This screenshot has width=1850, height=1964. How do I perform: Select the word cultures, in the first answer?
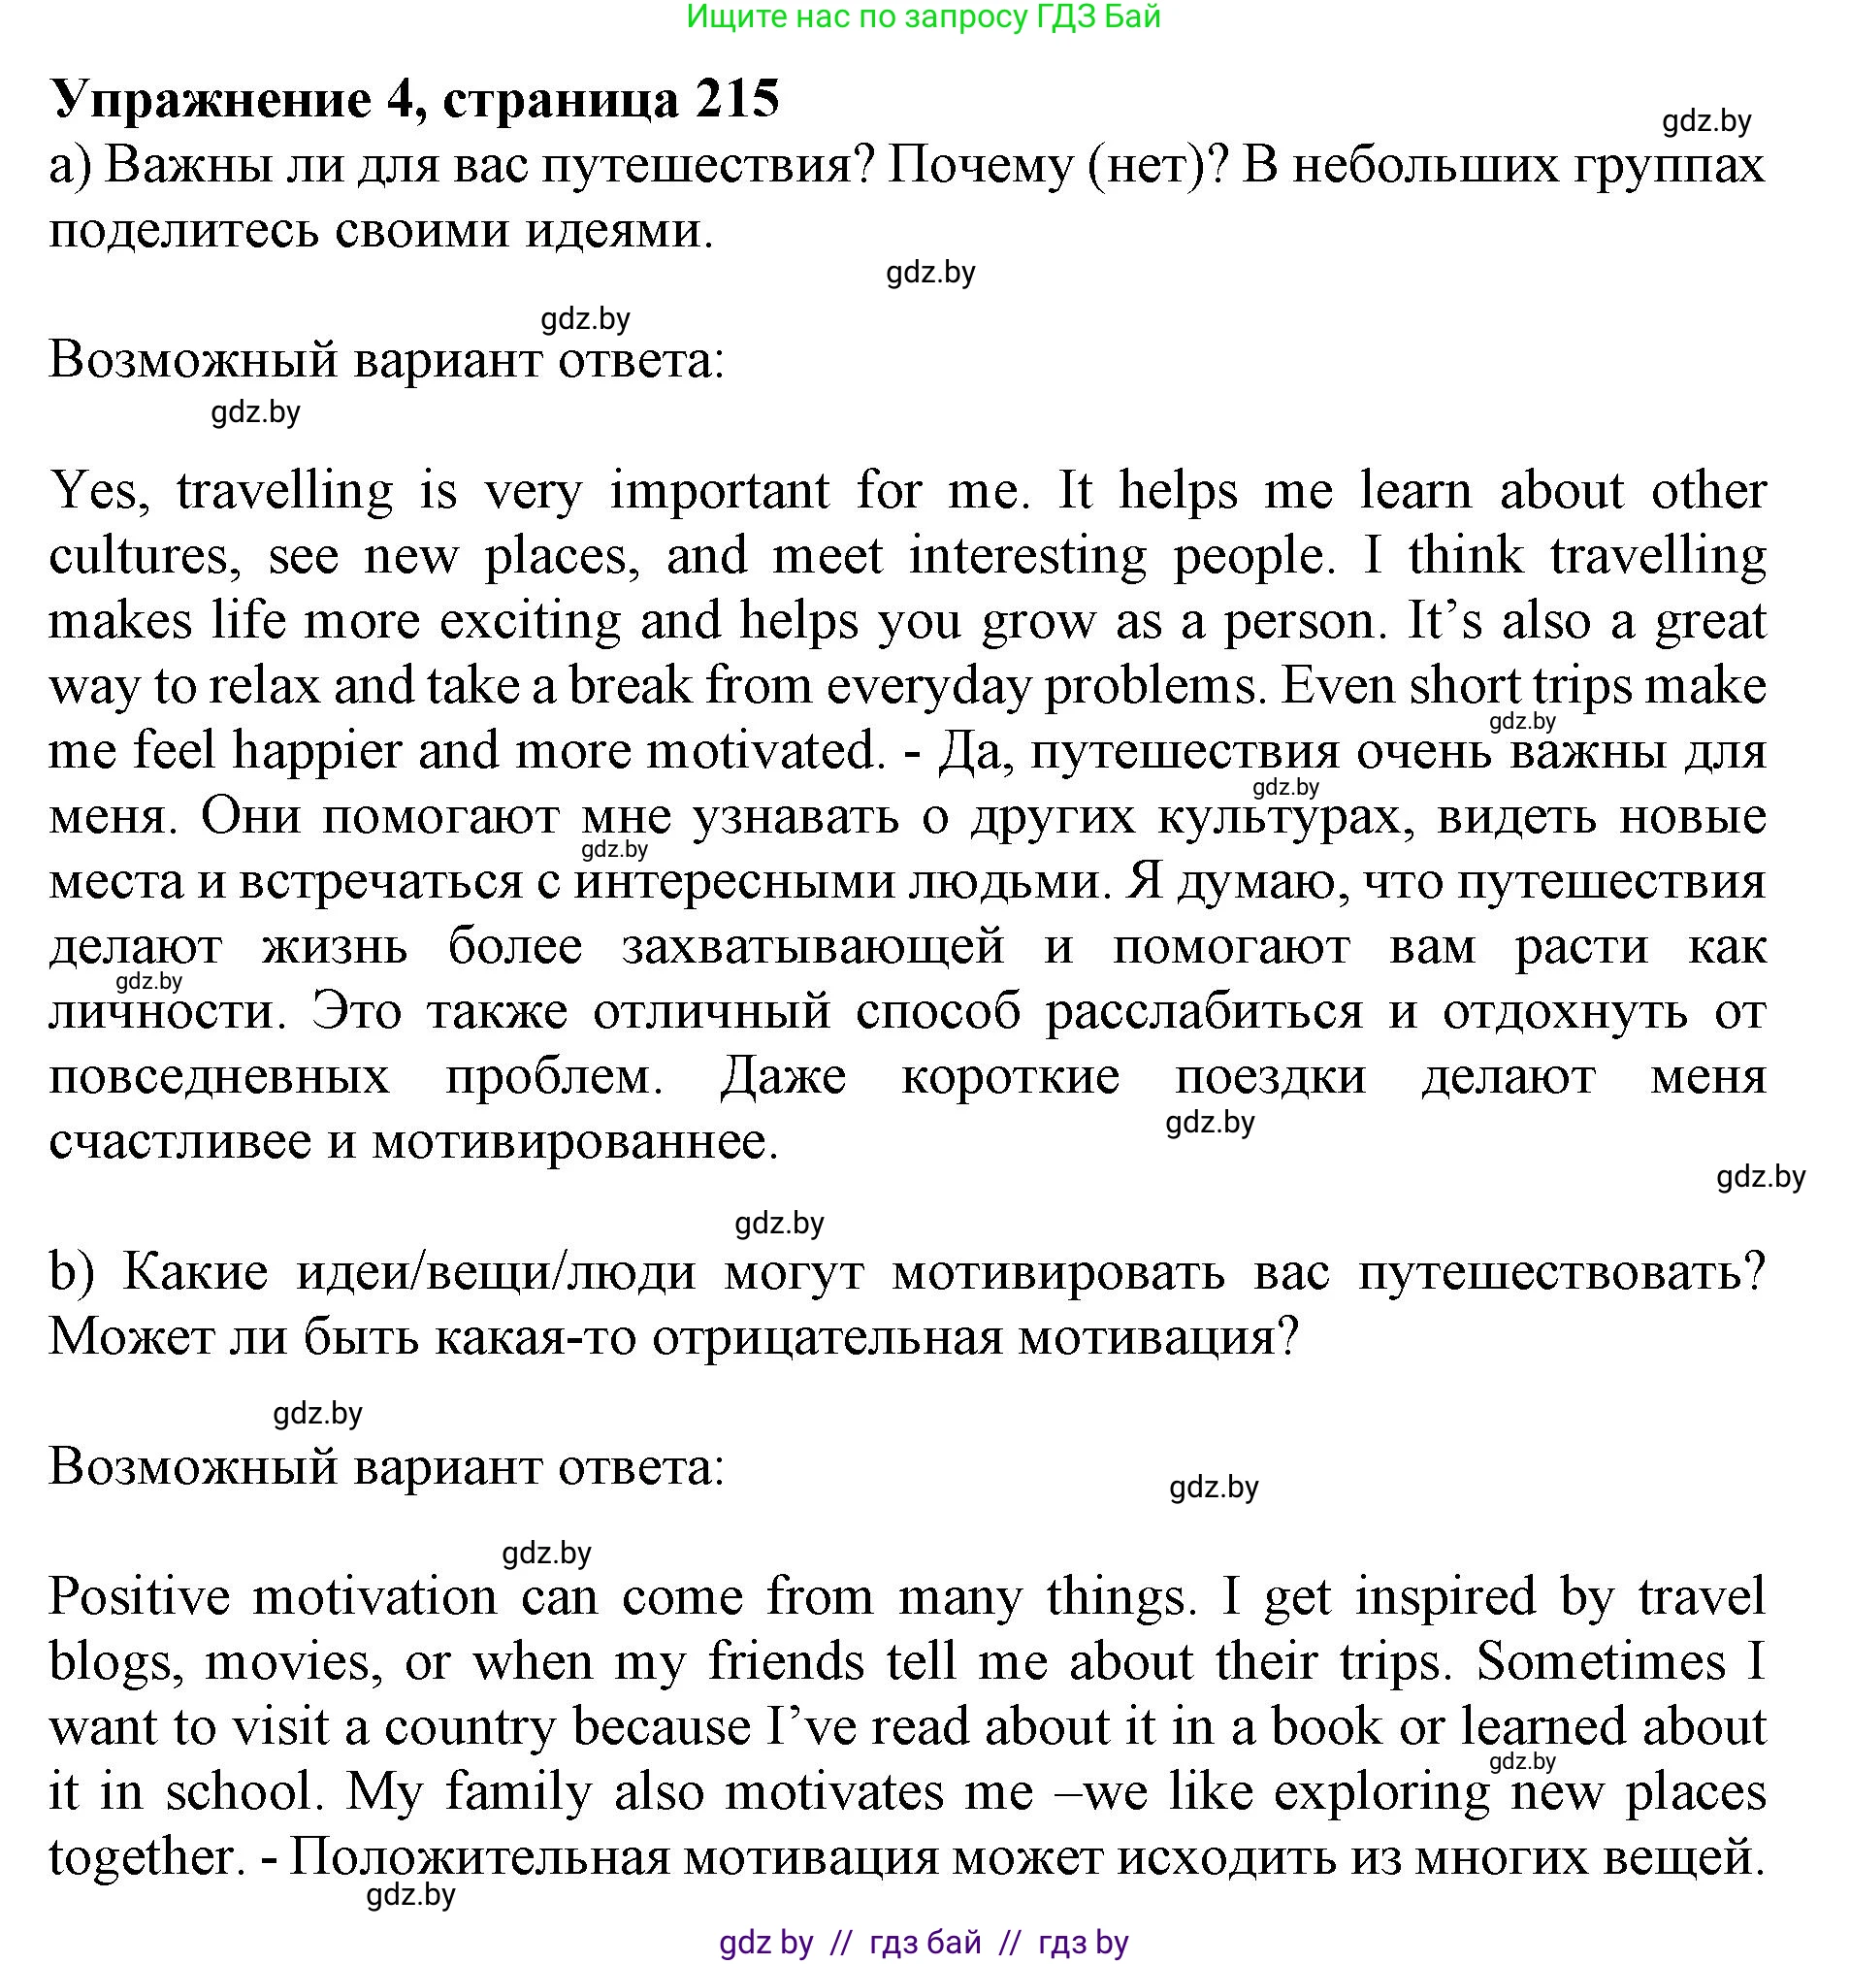pyautogui.click(x=138, y=556)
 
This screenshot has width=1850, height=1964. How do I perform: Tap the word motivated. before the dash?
pyautogui.click(x=765, y=752)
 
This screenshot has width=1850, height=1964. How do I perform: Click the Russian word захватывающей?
pyautogui.click(x=813, y=946)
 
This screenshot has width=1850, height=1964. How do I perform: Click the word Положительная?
pyautogui.click(x=480, y=1858)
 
